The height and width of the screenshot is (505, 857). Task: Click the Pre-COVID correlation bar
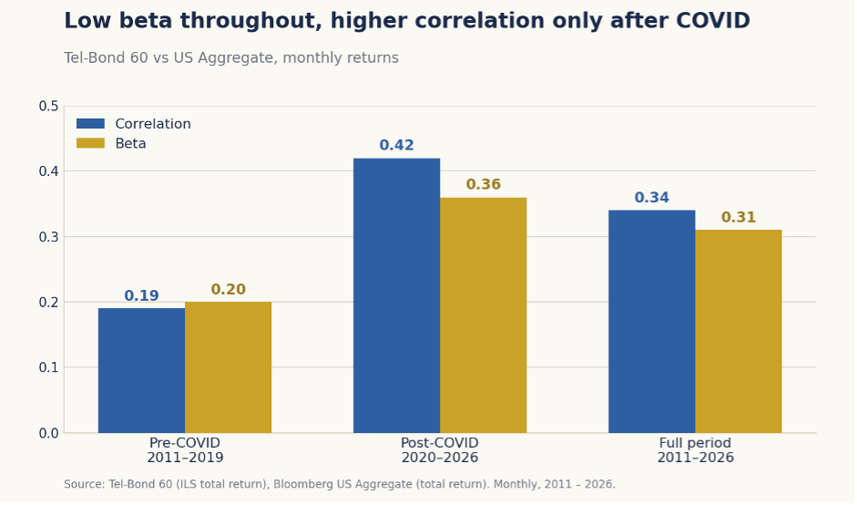(141, 370)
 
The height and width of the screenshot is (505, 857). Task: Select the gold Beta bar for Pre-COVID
(228, 367)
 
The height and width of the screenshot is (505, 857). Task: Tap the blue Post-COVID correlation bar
(397, 295)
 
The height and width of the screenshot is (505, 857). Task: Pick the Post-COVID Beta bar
(484, 315)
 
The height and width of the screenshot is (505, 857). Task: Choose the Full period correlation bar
(652, 322)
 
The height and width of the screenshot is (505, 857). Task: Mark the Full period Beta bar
(739, 332)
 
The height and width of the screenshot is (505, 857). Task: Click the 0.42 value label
(397, 146)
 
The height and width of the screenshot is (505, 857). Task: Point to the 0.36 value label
(484, 184)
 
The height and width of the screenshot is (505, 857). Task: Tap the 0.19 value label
(141, 296)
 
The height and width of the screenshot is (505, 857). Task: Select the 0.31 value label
(739, 217)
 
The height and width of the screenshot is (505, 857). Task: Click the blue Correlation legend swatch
(90, 124)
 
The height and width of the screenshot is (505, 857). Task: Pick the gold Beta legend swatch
(90, 143)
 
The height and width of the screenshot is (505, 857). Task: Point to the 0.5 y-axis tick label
(48, 106)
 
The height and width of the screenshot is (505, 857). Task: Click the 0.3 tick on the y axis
(48, 237)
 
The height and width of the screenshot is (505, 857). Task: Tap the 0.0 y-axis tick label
(48, 433)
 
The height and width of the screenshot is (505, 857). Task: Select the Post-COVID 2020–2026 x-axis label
(440, 450)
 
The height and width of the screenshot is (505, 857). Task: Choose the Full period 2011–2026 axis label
(695, 450)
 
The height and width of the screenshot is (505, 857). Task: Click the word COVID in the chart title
(713, 21)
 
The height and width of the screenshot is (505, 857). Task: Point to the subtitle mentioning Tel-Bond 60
(231, 58)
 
